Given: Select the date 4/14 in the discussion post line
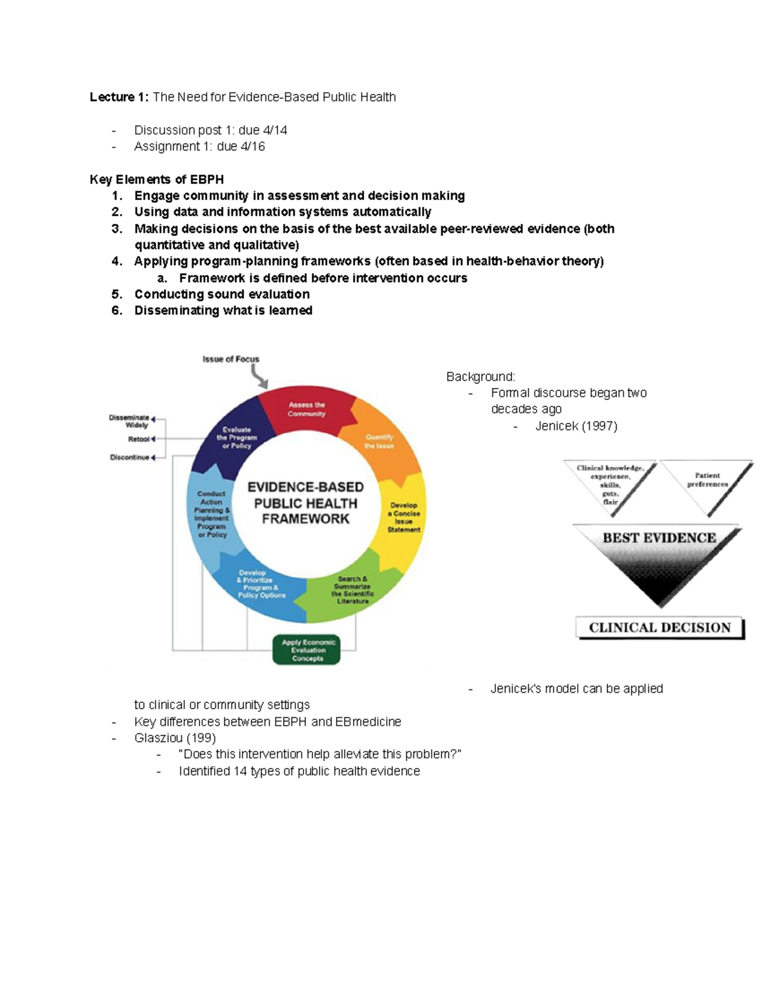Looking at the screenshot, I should coord(275,130).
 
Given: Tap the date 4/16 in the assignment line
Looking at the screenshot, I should coord(253,147).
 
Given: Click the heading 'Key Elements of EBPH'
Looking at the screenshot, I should coord(157,180).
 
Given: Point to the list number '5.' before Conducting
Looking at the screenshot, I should coord(117,294).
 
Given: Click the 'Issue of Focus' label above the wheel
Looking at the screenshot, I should coord(231,359).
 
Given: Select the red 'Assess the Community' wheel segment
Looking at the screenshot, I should coord(307,410).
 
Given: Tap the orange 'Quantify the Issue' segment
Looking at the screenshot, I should coord(379,441).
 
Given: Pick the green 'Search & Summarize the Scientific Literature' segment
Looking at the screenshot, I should coord(352,590).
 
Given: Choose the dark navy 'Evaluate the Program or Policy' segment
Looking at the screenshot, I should coord(236,437).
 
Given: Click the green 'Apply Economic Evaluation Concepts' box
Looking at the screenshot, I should coord(307,650).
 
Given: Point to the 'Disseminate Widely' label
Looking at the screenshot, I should coord(130,421).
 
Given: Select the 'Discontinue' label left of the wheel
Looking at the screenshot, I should coord(130,457).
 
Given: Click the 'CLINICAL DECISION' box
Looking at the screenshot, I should coord(660,627).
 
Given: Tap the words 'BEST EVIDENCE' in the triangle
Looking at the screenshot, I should coord(659,538).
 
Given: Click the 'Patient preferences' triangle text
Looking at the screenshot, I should coord(707,480).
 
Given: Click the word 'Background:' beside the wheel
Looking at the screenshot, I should coord(481,377).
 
